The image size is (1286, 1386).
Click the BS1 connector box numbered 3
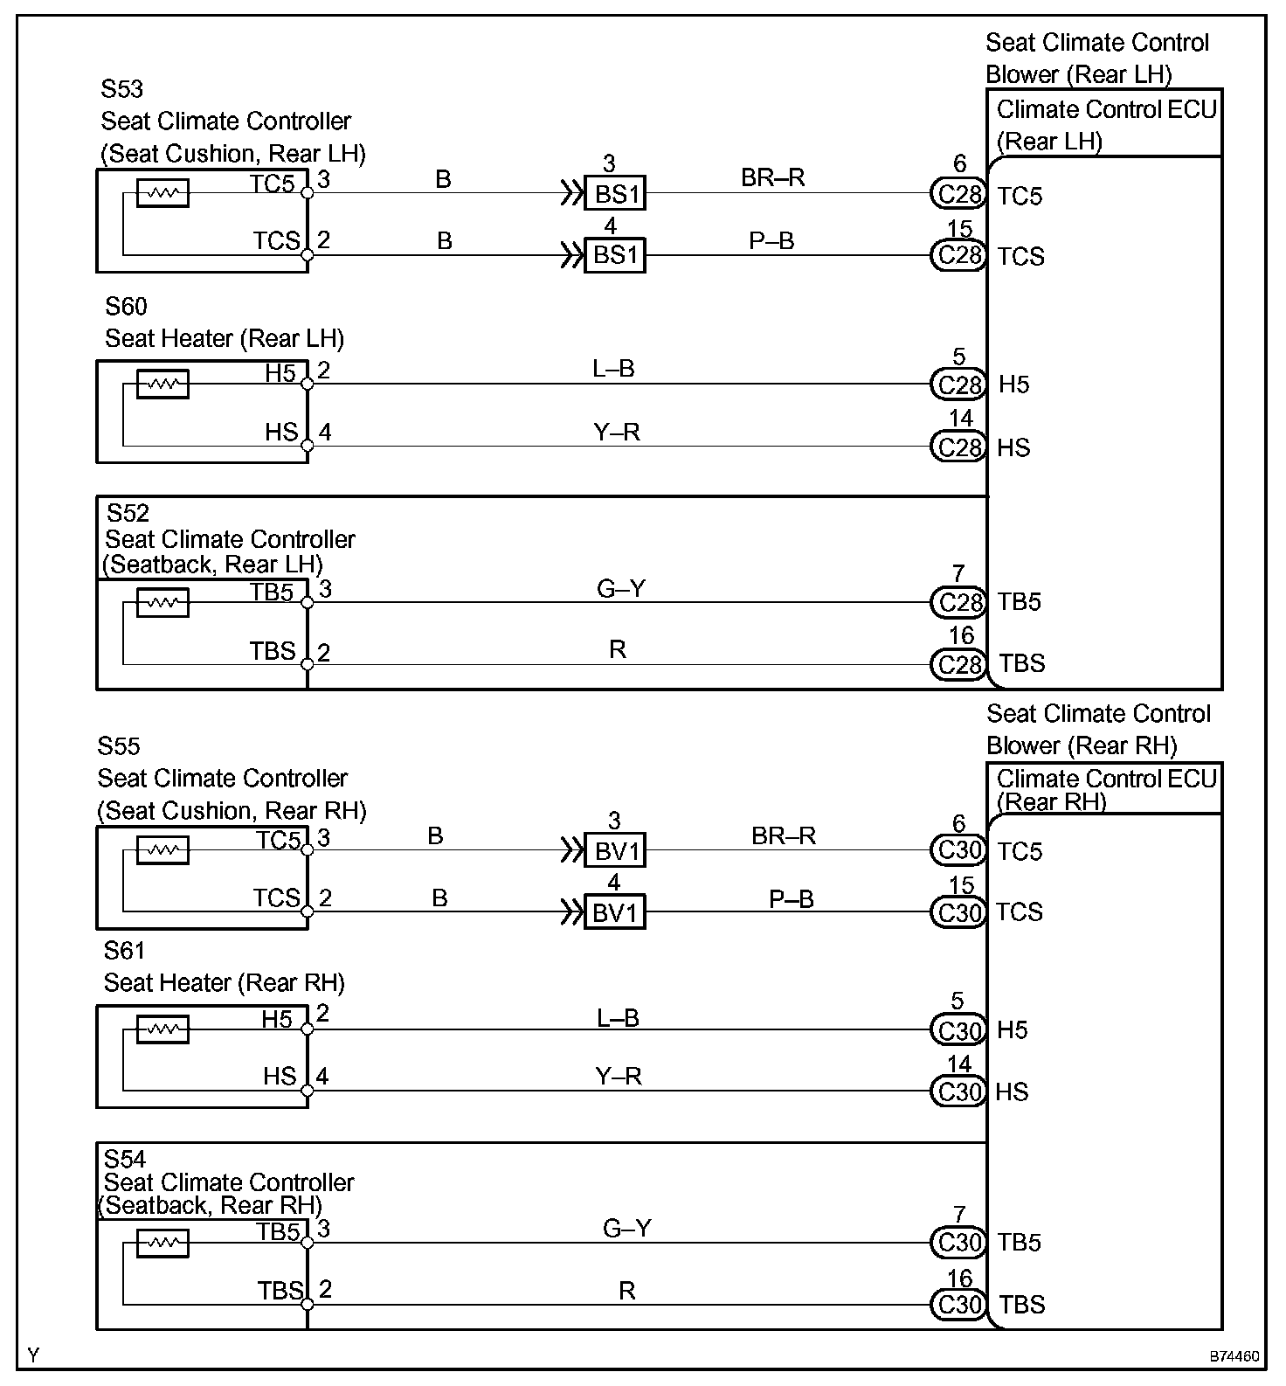click(x=614, y=193)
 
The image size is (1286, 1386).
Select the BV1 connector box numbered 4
click(x=614, y=913)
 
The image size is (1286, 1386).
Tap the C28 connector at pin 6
click(x=958, y=193)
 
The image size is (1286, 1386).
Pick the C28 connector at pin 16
click(x=958, y=665)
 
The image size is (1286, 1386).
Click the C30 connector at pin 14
click(x=958, y=1091)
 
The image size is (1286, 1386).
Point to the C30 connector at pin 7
click(x=958, y=1242)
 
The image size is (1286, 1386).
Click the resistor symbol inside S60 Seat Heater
click(x=162, y=384)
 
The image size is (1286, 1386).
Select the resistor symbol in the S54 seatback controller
click(x=162, y=1242)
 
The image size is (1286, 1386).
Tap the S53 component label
click(x=121, y=89)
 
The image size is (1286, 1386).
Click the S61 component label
click(x=124, y=950)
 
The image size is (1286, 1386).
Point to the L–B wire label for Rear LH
click(x=613, y=369)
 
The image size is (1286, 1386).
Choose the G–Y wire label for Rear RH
click(x=626, y=1229)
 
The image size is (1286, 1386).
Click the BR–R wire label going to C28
click(x=772, y=177)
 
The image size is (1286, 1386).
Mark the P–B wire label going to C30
click(x=791, y=898)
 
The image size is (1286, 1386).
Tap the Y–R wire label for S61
click(x=619, y=1076)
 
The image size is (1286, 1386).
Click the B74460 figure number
click(x=1234, y=1357)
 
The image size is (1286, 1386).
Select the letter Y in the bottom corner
click(x=33, y=1355)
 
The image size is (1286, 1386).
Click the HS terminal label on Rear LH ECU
click(x=1013, y=448)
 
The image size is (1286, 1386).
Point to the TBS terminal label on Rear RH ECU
click(x=1021, y=1305)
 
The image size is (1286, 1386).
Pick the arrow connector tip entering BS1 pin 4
click(x=573, y=256)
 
